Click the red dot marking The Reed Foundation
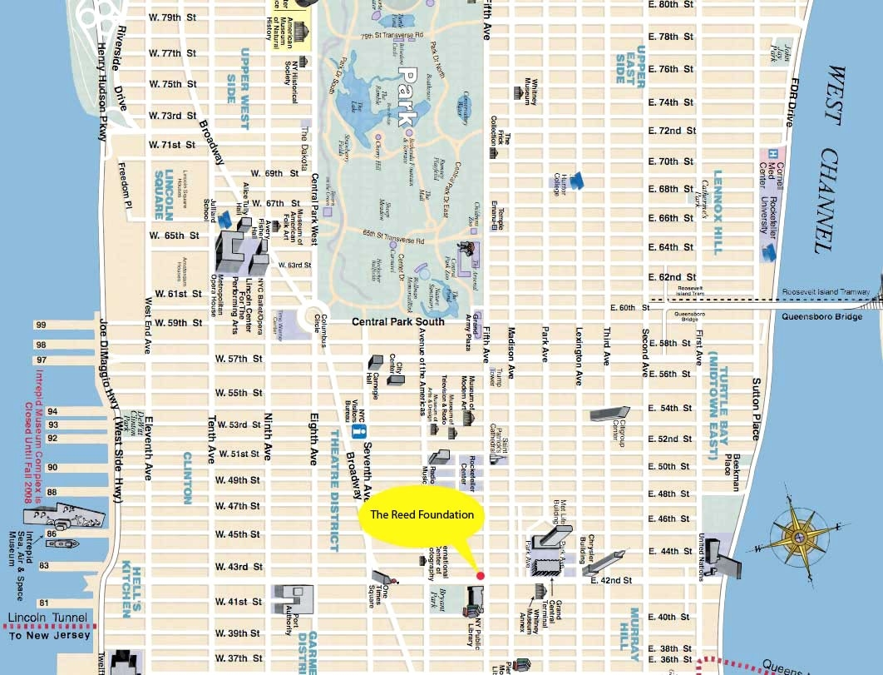480,575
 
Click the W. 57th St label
239,359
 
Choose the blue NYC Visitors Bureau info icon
359,432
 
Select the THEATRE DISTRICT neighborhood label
334,491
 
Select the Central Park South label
397,322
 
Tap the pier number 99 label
40,326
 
